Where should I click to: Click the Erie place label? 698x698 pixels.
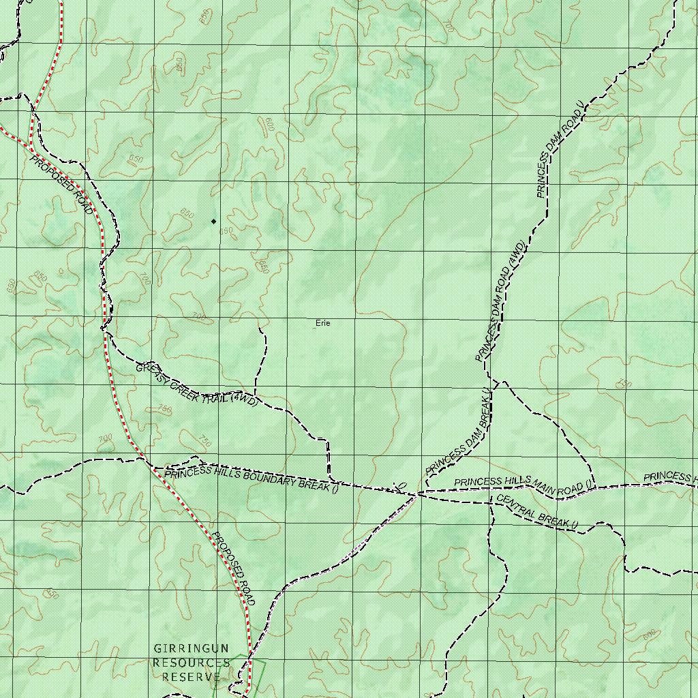(x=323, y=323)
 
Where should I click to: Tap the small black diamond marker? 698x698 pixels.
(x=213, y=221)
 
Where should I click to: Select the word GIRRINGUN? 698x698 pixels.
(x=191, y=648)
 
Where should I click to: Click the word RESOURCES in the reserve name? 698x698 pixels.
(x=191, y=663)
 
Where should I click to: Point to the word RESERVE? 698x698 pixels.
(x=191, y=677)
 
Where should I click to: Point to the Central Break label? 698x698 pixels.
(x=537, y=512)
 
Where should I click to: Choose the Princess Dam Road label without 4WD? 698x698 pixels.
(x=561, y=151)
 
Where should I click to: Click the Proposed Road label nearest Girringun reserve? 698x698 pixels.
(x=233, y=568)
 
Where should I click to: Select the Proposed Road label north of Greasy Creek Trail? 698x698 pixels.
(x=61, y=185)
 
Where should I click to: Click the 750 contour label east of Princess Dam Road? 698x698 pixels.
(x=623, y=384)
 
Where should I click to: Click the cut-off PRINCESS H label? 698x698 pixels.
(x=671, y=476)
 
